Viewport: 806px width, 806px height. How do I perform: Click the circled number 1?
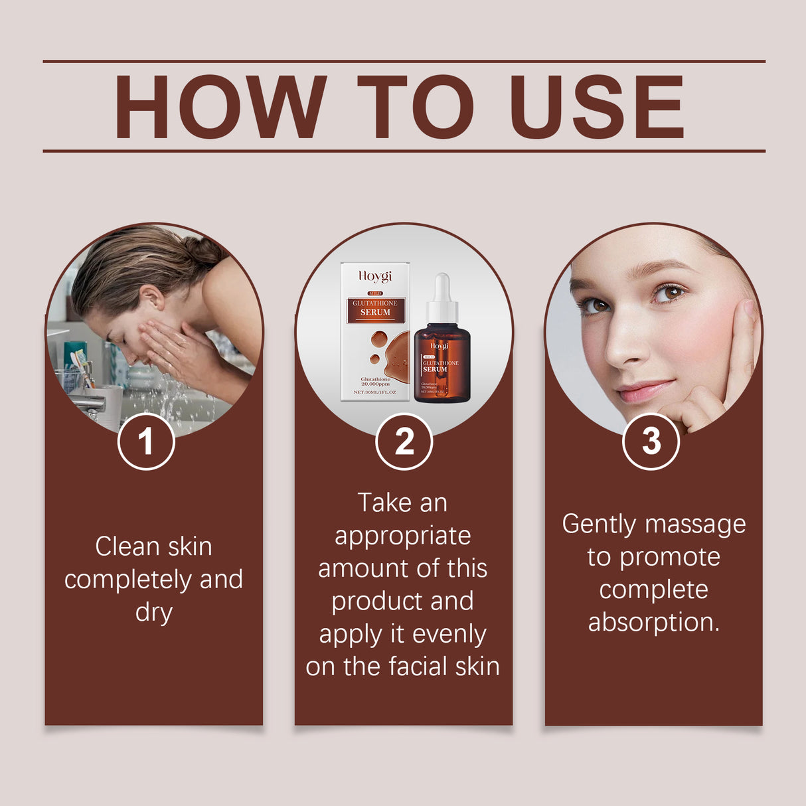coord(146,442)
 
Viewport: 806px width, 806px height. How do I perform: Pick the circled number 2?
coord(404,442)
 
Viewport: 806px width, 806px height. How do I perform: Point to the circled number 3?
coord(651,442)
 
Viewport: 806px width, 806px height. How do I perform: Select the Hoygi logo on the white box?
coord(375,276)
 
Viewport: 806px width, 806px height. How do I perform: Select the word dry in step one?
coord(153,612)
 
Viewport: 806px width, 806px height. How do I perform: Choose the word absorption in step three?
coord(653,623)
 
